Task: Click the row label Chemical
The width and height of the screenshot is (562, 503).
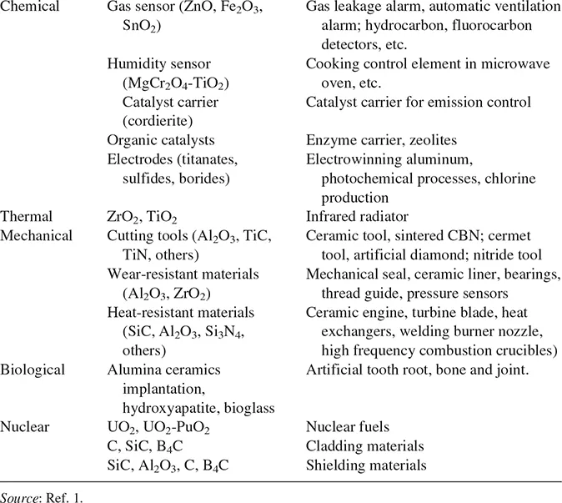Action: (31, 8)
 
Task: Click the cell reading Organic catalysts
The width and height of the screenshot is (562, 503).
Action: (161, 140)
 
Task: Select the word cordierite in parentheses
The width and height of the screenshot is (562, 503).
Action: (154, 122)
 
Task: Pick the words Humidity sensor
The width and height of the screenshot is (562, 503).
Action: (158, 64)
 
